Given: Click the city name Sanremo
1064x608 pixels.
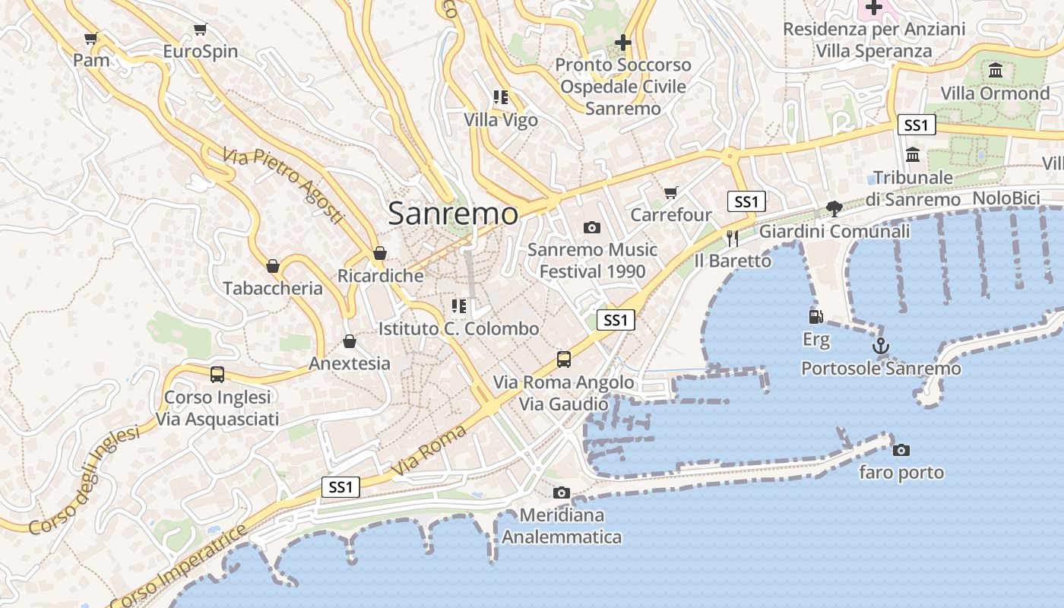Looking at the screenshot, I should pyautogui.click(x=453, y=214).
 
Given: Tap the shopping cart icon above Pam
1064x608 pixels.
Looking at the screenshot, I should pyautogui.click(x=91, y=38).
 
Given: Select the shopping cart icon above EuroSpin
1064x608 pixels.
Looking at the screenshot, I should pyautogui.click(x=200, y=30).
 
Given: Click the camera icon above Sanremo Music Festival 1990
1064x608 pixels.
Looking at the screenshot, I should pyautogui.click(x=591, y=227).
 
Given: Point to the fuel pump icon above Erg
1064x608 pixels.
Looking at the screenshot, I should pyautogui.click(x=815, y=317).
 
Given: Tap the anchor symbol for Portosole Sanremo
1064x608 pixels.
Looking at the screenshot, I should pyautogui.click(x=880, y=346).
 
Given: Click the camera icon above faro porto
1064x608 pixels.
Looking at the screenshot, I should pyautogui.click(x=901, y=450).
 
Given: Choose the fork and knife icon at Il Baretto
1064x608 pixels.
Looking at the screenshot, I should pyautogui.click(x=732, y=239).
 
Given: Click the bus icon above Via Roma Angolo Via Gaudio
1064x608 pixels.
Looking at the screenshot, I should pyautogui.click(x=563, y=359).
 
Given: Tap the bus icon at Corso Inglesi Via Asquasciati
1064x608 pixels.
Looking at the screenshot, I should pyautogui.click(x=217, y=374).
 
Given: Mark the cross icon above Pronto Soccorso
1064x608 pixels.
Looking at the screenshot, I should pyautogui.click(x=623, y=43).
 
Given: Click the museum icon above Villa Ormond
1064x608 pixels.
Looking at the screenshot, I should pyautogui.click(x=995, y=71).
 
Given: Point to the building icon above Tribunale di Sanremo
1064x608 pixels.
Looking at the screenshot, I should pyautogui.click(x=913, y=154).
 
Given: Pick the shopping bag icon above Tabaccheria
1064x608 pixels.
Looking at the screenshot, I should pyautogui.click(x=273, y=266).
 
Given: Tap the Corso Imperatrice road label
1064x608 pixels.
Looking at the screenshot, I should pyautogui.click(x=179, y=564).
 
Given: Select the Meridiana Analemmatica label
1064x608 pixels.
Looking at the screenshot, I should pyautogui.click(x=562, y=526).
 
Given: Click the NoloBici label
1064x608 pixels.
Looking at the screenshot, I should pyautogui.click(x=1005, y=198).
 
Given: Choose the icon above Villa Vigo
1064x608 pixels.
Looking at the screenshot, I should pyautogui.click(x=500, y=97).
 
